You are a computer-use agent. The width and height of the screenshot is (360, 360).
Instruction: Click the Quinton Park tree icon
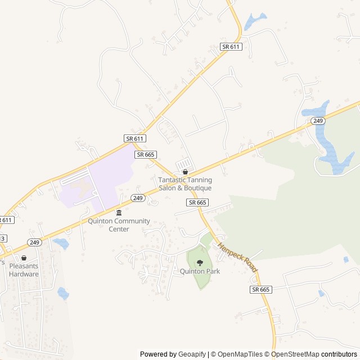[x=200, y=263]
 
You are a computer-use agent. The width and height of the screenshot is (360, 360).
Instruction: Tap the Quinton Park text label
[x=200, y=271]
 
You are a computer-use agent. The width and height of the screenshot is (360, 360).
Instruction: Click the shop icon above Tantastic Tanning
[x=185, y=172]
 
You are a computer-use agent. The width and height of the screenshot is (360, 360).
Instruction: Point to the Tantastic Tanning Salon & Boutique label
[x=184, y=184]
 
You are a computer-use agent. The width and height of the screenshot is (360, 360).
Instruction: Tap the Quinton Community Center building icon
[x=119, y=213]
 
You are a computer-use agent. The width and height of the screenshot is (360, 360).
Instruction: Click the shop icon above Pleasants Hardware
[x=24, y=258]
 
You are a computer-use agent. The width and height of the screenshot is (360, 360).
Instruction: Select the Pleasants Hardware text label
[x=24, y=271]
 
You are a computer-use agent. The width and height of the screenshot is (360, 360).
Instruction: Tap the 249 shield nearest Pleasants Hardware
[x=34, y=242]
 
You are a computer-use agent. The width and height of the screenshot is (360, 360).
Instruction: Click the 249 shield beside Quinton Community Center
[x=138, y=197]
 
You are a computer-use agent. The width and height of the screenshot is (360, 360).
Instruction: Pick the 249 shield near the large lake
[x=318, y=121]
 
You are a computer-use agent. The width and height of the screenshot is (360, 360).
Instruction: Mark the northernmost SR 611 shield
[x=231, y=47]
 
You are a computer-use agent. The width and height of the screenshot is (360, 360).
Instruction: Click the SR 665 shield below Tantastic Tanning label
[x=198, y=202]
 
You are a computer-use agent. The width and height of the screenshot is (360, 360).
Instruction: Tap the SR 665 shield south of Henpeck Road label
[x=261, y=289]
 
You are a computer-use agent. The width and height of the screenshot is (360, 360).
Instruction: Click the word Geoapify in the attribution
[x=191, y=354]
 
